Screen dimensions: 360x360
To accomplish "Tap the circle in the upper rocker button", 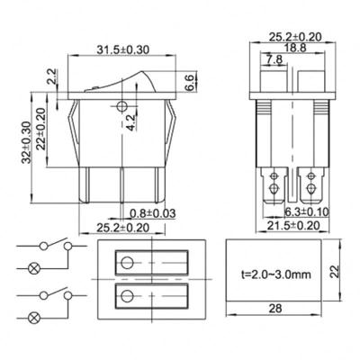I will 127,263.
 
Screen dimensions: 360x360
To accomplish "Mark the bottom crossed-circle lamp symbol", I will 36,318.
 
